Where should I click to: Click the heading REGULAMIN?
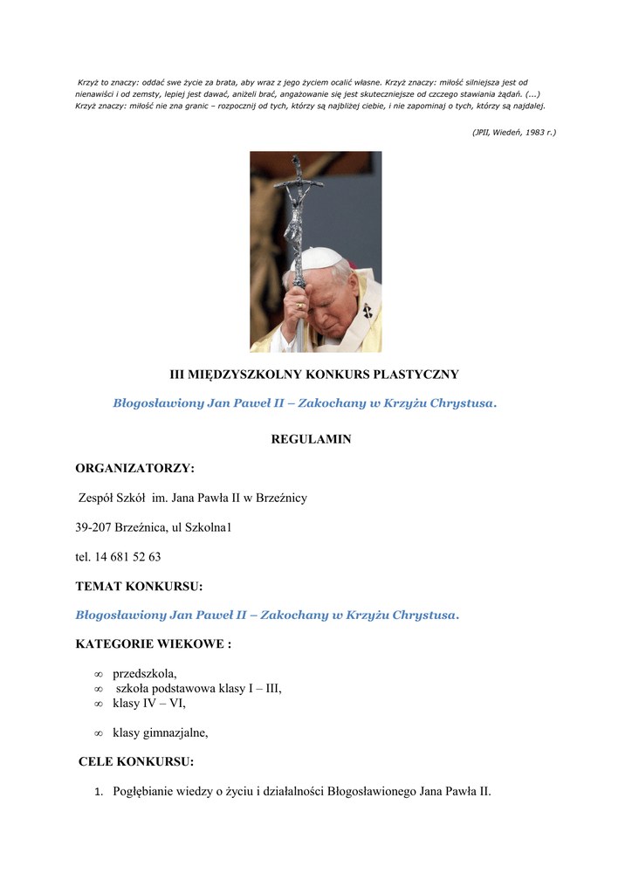311,439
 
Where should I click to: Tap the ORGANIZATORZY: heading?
134,469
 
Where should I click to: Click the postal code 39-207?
93,527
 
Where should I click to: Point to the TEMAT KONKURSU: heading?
139,586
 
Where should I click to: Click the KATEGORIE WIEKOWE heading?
153,644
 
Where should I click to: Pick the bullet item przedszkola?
145,674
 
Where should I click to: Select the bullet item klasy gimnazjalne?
161,733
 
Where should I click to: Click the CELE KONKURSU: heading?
136,762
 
